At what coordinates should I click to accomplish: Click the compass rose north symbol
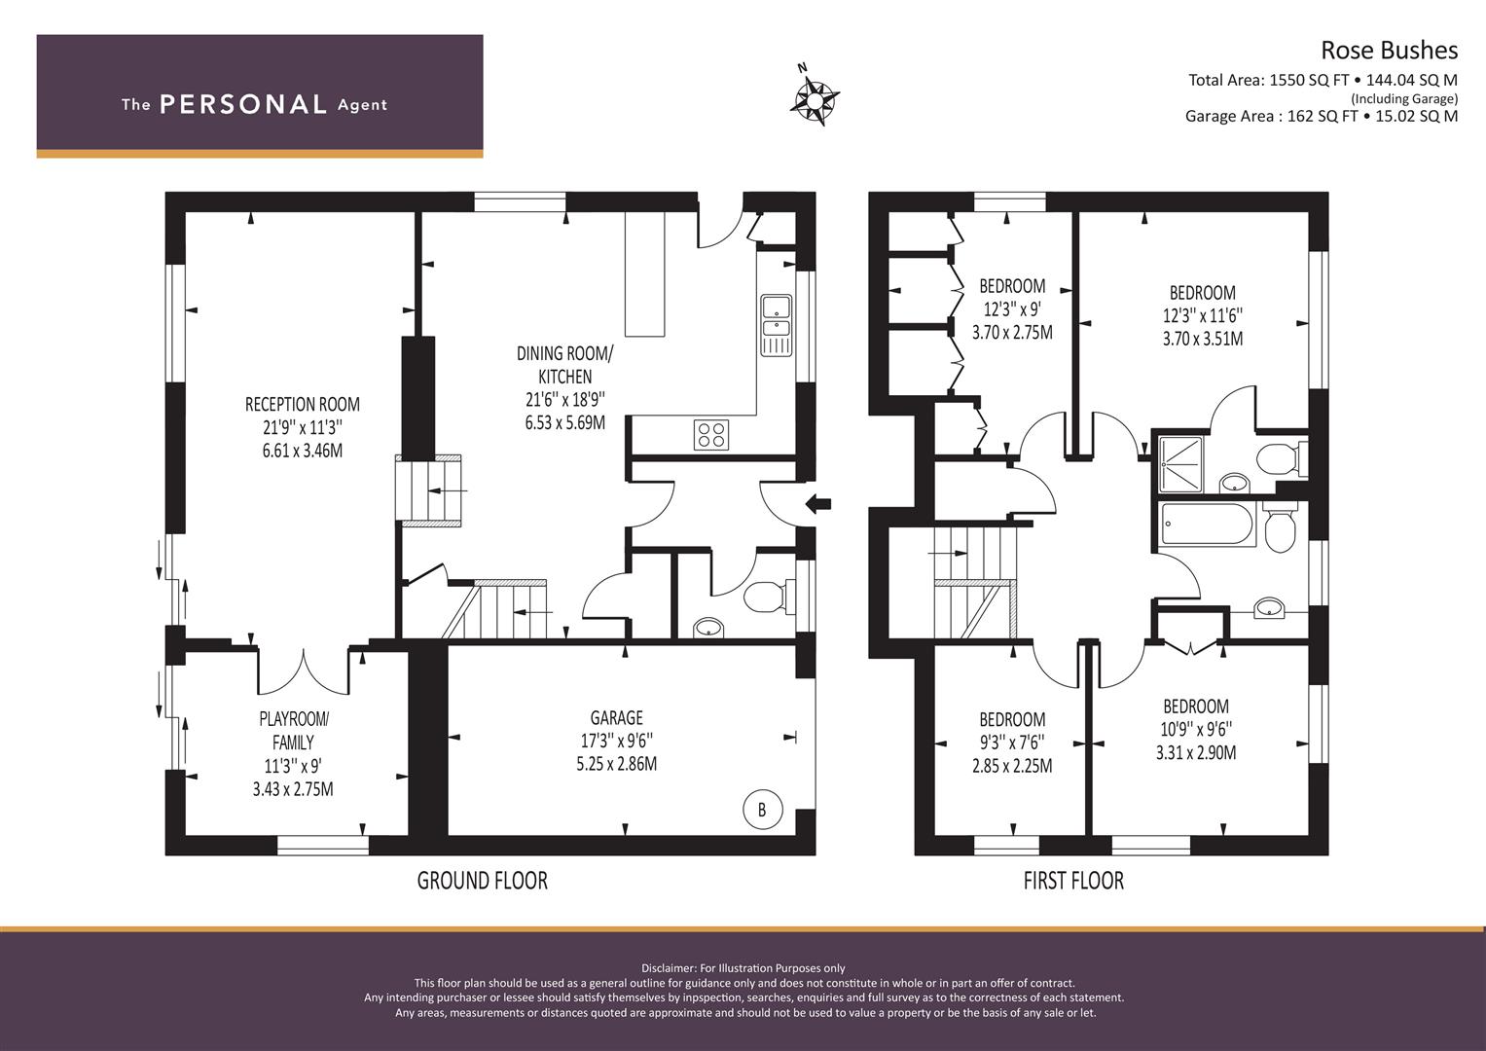[815, 99]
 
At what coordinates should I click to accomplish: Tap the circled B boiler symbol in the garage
[762, 810]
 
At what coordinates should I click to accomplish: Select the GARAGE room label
[616, 718]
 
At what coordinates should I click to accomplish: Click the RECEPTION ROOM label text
[303, 404]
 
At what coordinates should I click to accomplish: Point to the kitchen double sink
[777, 325]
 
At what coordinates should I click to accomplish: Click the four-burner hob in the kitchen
[711, 435]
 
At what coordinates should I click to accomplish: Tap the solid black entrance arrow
[818, 504]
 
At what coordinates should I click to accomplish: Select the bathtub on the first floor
[1207, 525]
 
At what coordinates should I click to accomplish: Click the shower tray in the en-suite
[1181, 464]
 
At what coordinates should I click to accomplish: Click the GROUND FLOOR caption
[483, 881]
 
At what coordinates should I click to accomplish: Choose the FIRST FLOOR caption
[1073, 881]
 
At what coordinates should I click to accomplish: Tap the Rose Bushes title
[1389, 51]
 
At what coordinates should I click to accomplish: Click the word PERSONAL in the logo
[243, 104]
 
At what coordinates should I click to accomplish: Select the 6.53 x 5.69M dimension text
[565, 422]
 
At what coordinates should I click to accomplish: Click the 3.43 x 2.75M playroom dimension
[293, 789]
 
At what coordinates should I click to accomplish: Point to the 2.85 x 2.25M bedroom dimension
[1012, 766]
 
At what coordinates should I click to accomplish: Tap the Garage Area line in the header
[1322, 116]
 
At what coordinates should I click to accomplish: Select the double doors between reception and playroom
[304, 671]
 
